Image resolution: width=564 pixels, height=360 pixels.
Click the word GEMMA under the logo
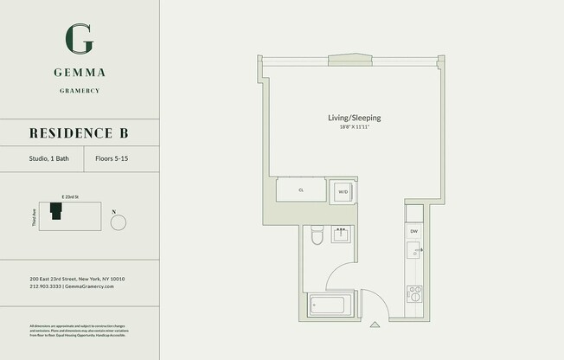point(80,73)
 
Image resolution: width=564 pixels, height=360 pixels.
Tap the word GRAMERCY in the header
point(80,89)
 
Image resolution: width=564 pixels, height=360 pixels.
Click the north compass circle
point(119,222)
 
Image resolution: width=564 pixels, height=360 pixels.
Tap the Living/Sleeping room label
point(354,118)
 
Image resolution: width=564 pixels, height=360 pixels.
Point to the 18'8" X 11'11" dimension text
point(354,128)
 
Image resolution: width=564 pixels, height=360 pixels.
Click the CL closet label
point(301,190)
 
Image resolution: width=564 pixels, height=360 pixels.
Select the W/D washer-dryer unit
point(343,191)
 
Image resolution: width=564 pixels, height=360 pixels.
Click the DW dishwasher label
point(414,231)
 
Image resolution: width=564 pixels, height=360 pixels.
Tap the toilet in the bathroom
point(317,236)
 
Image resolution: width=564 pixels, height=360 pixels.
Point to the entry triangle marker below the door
point(375,325)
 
